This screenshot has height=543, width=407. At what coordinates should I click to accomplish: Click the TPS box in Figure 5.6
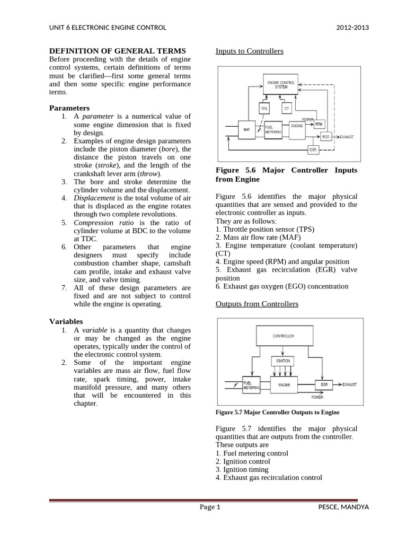[264, 108]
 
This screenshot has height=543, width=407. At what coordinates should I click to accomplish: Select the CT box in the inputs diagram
[286, 108]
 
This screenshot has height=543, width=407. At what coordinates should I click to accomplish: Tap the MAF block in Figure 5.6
[246, 129]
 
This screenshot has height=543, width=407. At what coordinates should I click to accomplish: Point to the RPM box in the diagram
[318, 124]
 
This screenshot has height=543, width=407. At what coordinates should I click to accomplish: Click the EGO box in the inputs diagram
[326, 137]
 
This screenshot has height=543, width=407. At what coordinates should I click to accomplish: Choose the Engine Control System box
[281, 84]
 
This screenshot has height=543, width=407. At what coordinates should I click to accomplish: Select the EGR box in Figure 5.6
[313, 150]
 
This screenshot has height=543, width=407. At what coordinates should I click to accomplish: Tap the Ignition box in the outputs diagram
[284, 361]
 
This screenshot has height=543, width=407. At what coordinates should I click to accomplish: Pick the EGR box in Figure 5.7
[323, 384]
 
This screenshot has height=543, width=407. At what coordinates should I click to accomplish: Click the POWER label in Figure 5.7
[317, 397]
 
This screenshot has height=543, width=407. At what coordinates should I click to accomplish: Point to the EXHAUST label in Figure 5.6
[348, 137]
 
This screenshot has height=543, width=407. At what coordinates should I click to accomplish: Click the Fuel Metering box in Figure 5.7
[251, 386]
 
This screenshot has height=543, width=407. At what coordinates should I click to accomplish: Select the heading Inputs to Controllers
[249, 51]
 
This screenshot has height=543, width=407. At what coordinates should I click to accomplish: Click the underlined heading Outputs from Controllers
[256, 304]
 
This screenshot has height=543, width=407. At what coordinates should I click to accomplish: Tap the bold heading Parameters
[69, 108]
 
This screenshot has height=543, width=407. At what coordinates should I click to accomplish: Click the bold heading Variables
[66, 321]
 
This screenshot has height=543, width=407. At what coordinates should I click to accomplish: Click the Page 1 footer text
[209, 507]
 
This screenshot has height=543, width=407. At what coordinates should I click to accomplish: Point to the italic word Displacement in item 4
[94, 198]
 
